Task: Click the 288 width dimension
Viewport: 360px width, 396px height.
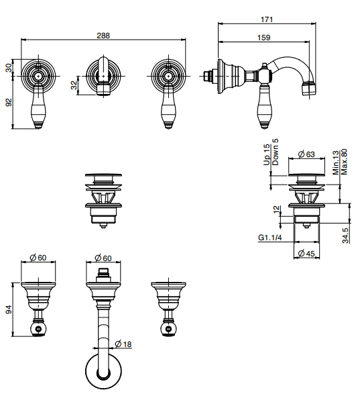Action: pyautogui.click(x=103, y=36)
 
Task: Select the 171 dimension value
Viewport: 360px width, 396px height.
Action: pyautogui.click(x=267, y=19)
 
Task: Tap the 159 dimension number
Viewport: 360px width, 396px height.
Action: pyautogui.click(x=264, y=38)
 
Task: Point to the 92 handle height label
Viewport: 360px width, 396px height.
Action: pyautogui.click(x=9, y=102)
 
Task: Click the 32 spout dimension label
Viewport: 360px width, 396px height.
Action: pyautogui.click(x=74, y=85)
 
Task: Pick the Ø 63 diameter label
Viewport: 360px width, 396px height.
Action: pyautogui.click(x=306, y=154)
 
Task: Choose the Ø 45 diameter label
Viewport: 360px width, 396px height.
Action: pyautogui.click(x=306, y=253)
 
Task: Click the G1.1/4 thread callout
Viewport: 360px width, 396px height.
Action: pyautogui.click(x=270, y=238)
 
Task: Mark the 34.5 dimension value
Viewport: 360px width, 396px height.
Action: pyautogui.click(x=346, y=236)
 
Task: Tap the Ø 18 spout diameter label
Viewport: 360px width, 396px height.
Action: pyautogui.click(x=123, y=344)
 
